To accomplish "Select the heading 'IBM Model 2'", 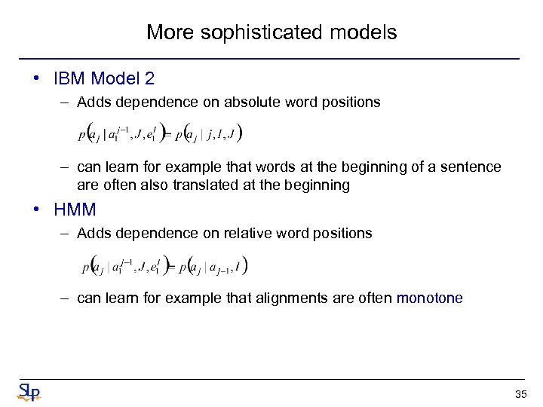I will coord(104,78).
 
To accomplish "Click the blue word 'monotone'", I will coord(429,298).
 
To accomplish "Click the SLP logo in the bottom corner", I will coord(29,392).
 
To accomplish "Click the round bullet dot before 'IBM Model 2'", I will coord(37,78).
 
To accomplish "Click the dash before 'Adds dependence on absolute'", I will coord(66,102).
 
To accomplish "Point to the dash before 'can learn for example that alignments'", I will coord(66,298).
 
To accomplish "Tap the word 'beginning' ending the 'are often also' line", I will coord(321,185).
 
